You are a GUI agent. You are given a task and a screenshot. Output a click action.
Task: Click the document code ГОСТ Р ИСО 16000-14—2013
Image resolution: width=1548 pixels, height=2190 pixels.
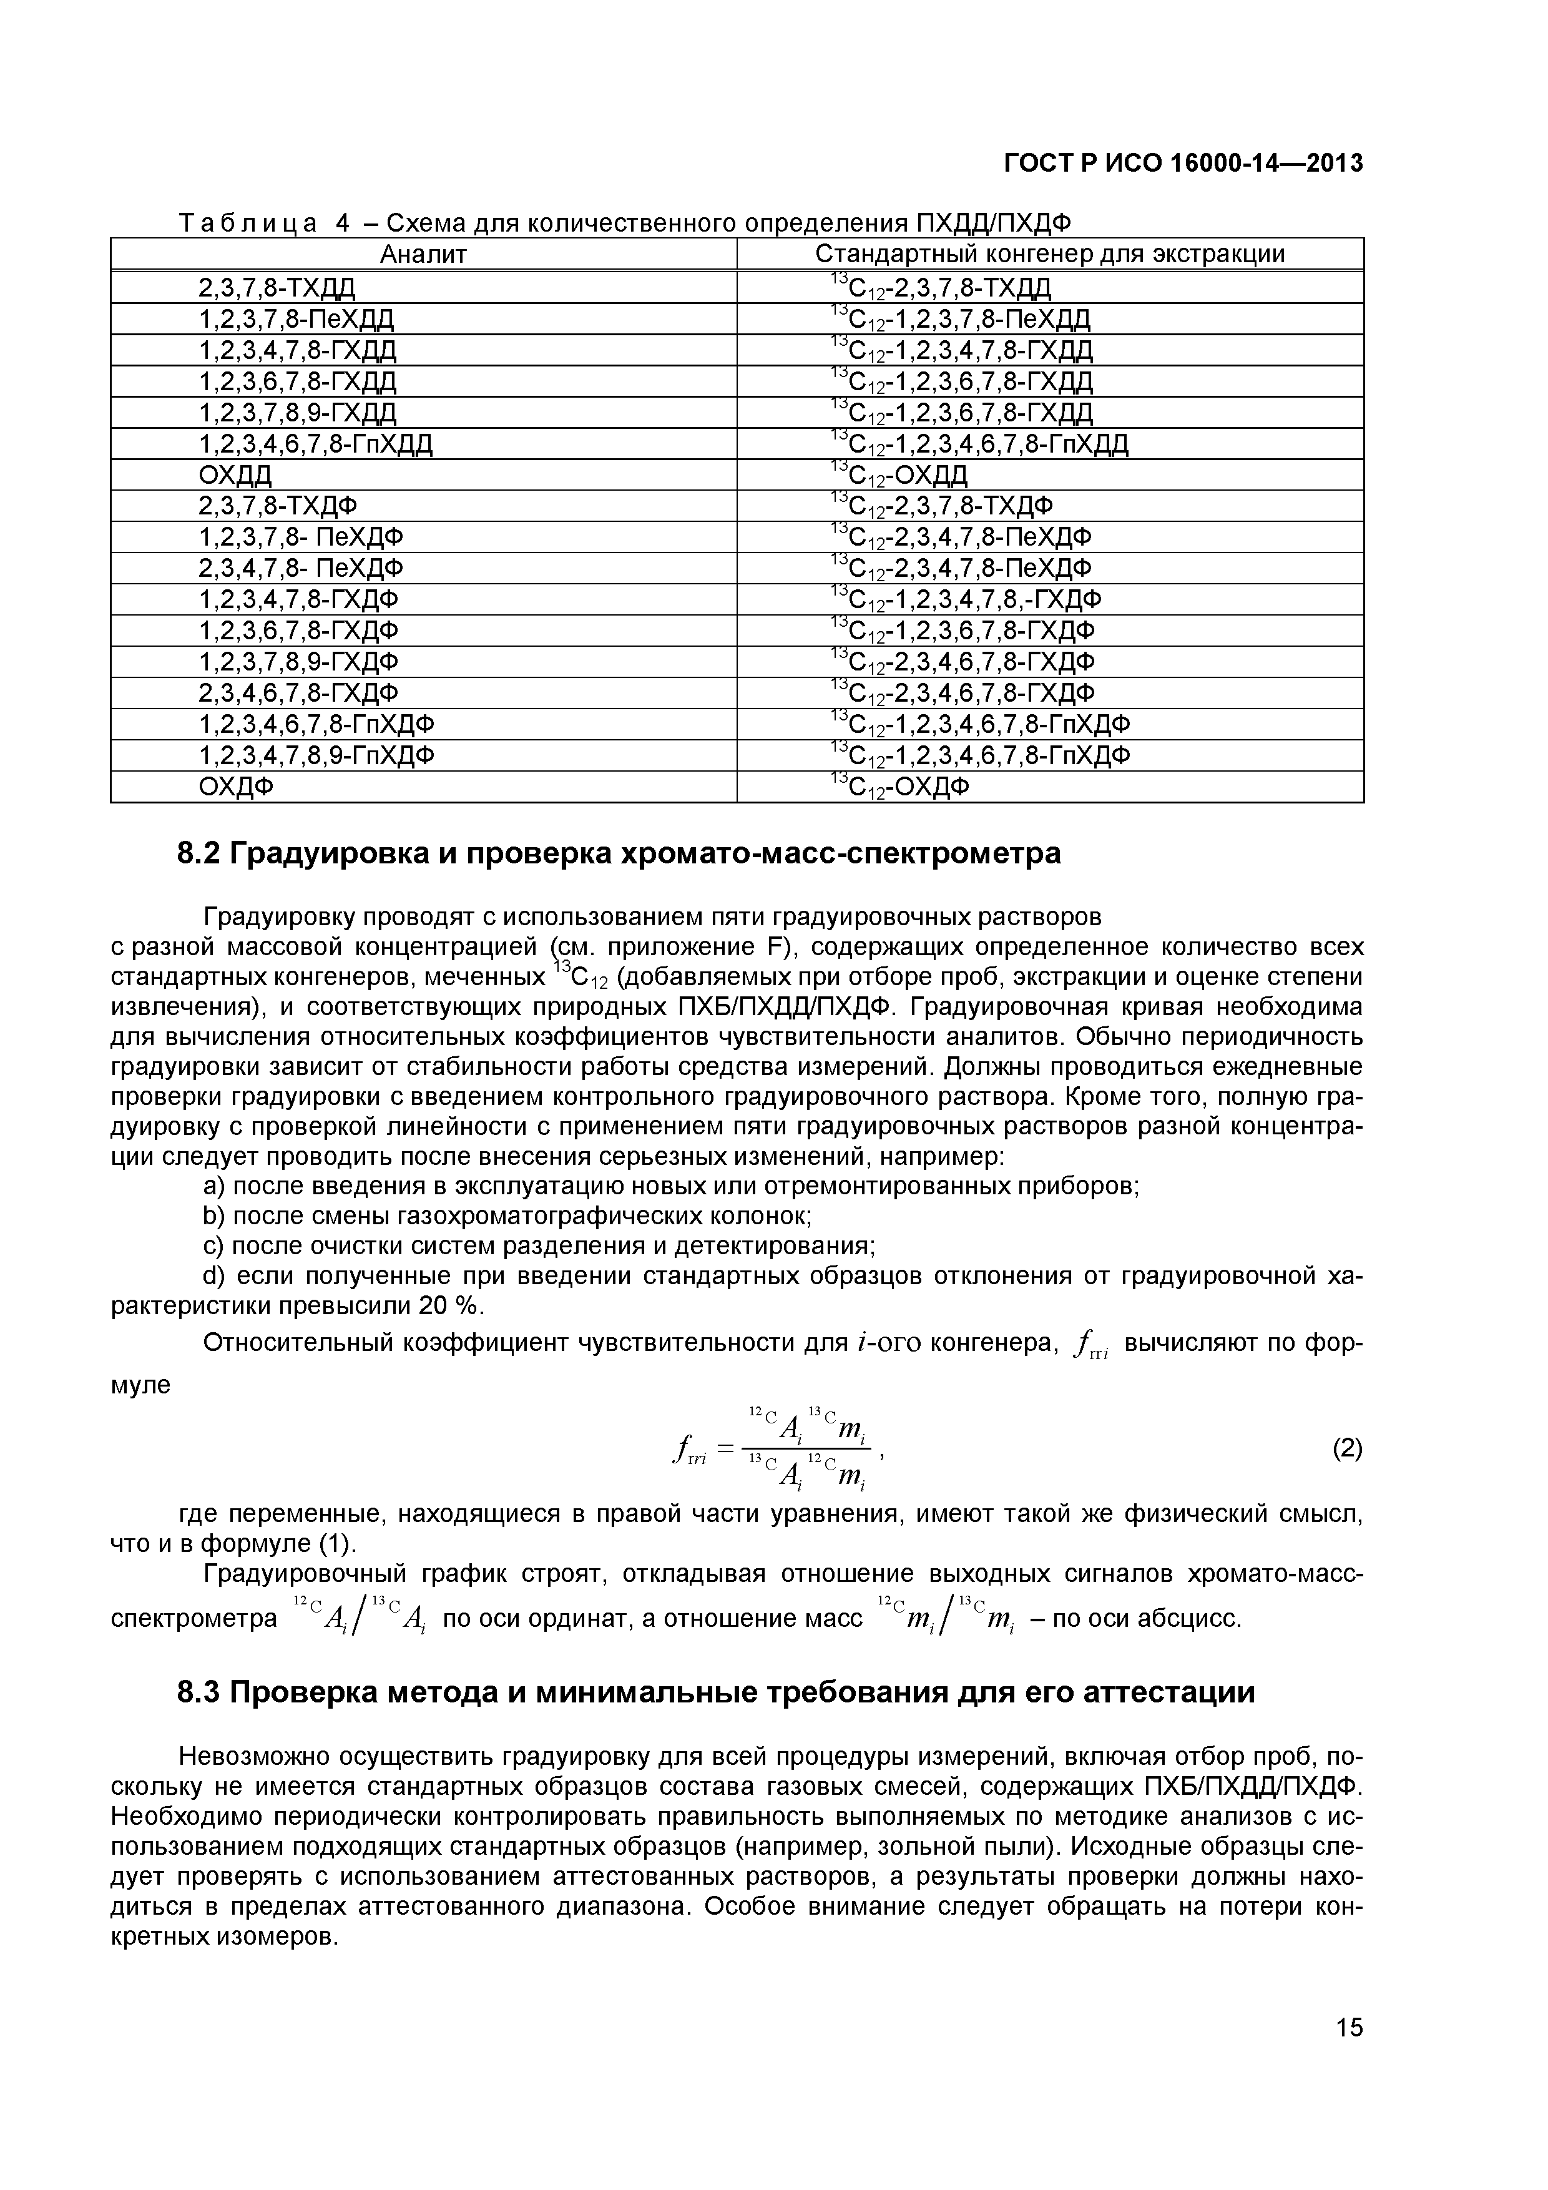coord(1183,164)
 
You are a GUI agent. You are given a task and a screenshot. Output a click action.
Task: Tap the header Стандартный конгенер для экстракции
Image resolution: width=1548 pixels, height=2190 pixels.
coord(1049,253)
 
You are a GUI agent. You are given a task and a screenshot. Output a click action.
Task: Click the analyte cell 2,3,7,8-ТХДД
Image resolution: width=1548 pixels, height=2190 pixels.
coord(277,287)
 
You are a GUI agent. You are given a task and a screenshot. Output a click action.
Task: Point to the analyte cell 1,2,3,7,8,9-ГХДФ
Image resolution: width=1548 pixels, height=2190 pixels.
coord(298,661)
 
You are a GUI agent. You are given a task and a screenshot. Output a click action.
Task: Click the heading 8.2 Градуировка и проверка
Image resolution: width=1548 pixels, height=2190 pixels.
coord(619,853)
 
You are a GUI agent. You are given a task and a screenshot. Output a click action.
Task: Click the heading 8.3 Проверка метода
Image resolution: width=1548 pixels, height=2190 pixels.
coord(715,1692)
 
